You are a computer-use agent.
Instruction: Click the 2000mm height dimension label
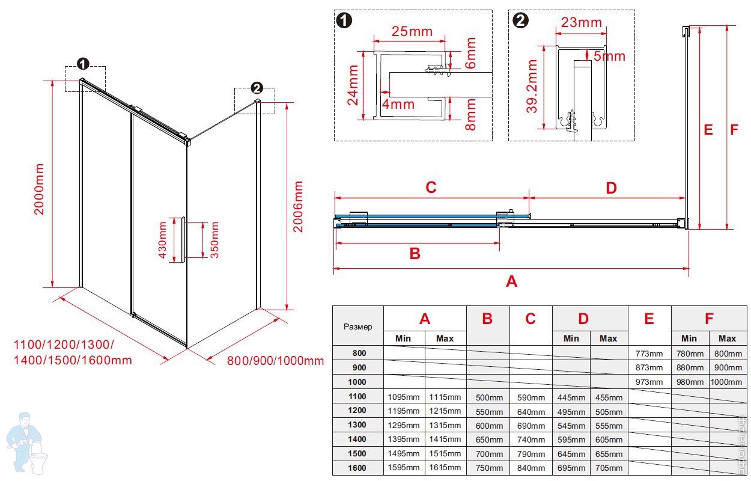point(40,189)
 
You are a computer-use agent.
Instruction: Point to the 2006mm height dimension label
point(299,206)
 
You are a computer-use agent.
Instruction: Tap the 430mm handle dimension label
point(162,240)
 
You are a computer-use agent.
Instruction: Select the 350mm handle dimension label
point(214,240)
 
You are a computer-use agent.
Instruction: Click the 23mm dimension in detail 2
point(581,23)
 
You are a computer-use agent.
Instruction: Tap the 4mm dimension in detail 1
point(398,104)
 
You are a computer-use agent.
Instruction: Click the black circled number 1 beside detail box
point(345,20)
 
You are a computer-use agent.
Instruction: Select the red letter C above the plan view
point(431,188)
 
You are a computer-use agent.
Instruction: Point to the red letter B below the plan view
point(415,254)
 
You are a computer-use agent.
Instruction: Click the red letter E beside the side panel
point(708,129)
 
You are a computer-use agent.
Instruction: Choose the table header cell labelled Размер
point(358,326)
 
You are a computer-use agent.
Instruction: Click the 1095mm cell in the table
point(404,397)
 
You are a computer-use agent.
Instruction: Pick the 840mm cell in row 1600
point(531,468)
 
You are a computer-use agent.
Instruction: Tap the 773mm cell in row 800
point(649,353)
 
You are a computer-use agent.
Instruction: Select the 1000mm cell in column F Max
point(726,382)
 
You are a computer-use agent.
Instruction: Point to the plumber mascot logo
point(26,443)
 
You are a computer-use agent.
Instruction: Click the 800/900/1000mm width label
point(275,361)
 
